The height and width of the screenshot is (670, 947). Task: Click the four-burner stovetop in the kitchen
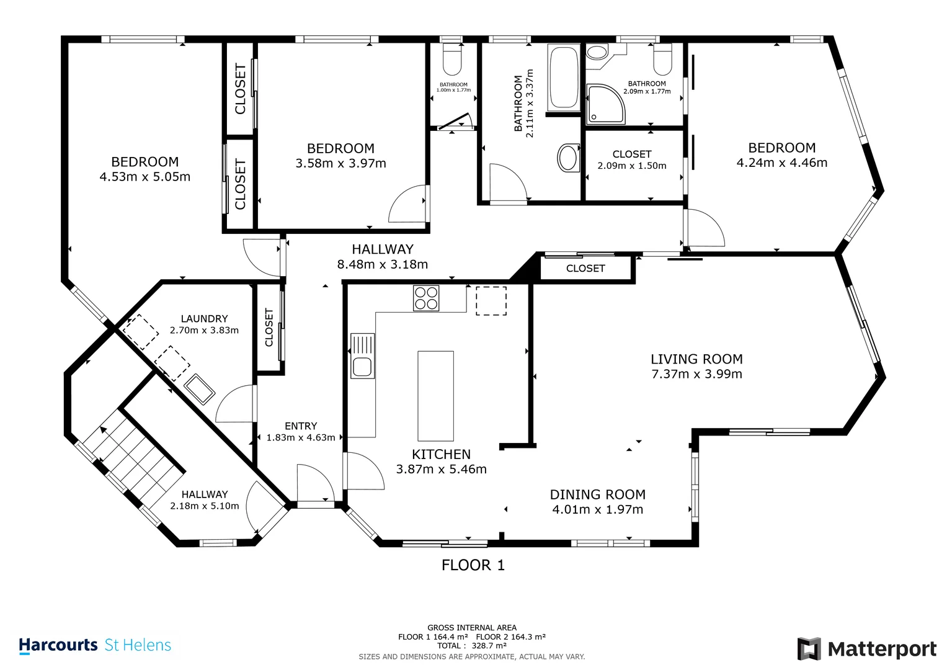tap(426, 298)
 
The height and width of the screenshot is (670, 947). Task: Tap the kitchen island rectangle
tap(435, 396)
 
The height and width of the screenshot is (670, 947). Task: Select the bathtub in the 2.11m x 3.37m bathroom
tap(564, 77)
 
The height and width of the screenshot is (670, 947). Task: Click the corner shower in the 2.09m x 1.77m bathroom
tap(605, 104)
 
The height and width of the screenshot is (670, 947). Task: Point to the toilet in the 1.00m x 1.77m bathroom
tap(452, 60)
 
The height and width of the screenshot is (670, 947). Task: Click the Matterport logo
tap(866, 649)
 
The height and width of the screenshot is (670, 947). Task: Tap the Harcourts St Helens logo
tap(95, 645)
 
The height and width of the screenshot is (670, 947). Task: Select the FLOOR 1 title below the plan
tap(473, 565)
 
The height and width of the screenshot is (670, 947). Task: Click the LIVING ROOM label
tap(696, 359)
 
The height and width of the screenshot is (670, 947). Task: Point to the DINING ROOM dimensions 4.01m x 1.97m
tap(598, 509)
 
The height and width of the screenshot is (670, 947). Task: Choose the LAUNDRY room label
tap(204, 318)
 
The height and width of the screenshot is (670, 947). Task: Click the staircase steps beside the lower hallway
tap(134, 459)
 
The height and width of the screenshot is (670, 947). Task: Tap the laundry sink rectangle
tap(199, 389)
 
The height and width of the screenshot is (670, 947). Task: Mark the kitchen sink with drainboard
tap(362, 355)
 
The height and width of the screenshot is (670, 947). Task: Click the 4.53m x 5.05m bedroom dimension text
tap(145, 177)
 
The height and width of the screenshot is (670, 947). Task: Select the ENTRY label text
tap(301, 426)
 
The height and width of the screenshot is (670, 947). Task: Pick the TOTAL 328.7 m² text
tap(472, 645)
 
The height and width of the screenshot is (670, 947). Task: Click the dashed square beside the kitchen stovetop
tap(491, 301)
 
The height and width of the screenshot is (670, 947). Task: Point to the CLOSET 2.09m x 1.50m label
tap(632, 160)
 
